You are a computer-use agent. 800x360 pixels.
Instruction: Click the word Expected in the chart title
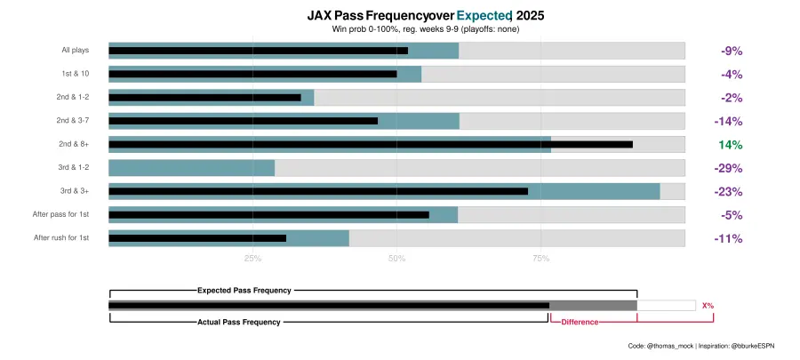coord(484,15)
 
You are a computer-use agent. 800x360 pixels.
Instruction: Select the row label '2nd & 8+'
coord(78,144)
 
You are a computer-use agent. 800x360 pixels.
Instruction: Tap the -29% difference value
coord(728,168)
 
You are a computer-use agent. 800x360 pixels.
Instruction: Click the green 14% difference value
coord(730,145)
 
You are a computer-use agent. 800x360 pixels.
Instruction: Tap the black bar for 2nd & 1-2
coord(204,98)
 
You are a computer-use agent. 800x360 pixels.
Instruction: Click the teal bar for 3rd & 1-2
coord(191,168)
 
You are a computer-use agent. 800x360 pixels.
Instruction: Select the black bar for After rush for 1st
coord(197,238)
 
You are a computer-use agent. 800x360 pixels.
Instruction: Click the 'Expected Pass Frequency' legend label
coord(244,290)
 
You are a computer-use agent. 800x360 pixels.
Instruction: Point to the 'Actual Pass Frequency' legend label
coord(239,322)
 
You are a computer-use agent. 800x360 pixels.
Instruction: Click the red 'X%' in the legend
coord(708,306)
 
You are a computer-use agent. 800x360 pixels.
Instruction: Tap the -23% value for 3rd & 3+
coord(728,192)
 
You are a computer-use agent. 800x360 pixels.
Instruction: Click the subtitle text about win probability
coord(425,29)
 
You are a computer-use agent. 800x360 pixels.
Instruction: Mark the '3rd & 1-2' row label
coord(78,168)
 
